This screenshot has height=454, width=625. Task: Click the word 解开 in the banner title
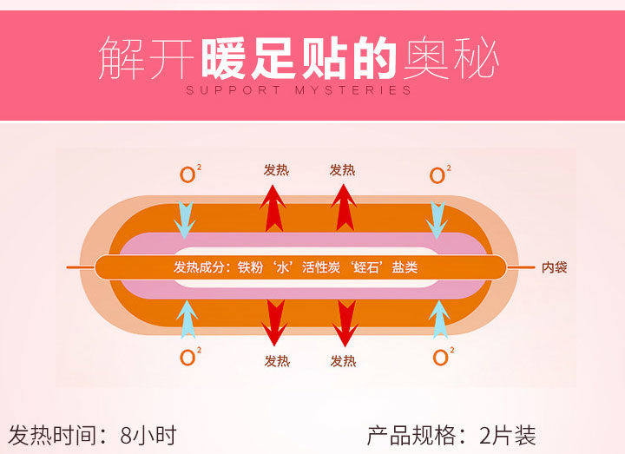(x=147, y=60)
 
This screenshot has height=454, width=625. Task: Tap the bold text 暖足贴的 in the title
(x=300, y=60)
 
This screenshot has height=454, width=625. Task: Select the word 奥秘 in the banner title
(x=450, y=60)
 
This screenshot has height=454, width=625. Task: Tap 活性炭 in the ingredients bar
(x=321, y=267)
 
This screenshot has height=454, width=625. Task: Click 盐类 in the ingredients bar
(x=405, y=267)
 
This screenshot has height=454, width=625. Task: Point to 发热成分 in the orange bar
(x=199, y=267)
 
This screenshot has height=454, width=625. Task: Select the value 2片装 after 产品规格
(x=507, y=434)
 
